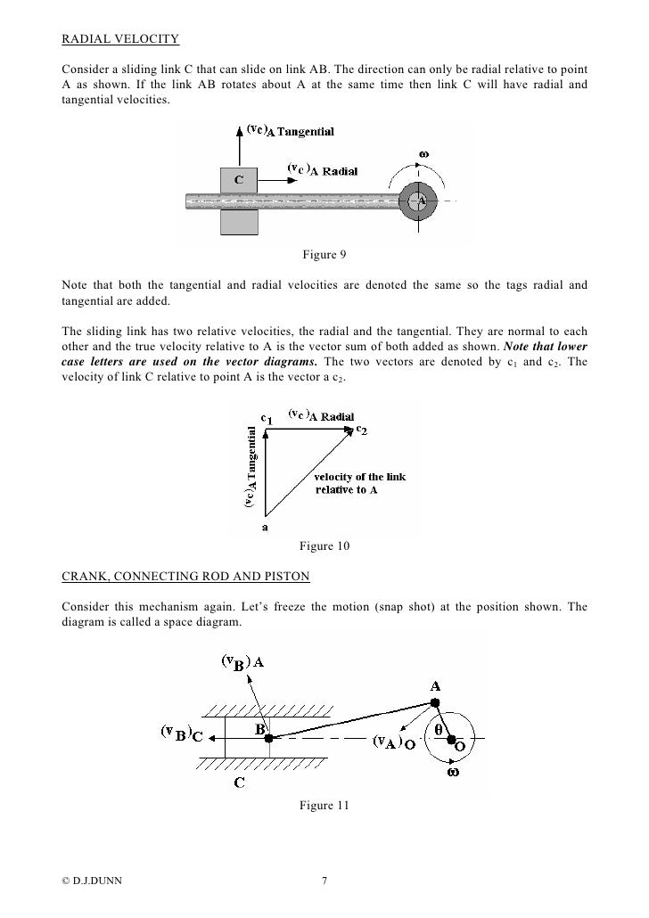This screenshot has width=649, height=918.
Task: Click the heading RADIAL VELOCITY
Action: pos(119,40)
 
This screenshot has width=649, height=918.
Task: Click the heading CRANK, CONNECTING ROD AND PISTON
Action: pos(185,577)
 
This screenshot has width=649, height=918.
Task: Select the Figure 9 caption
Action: pos(324,256)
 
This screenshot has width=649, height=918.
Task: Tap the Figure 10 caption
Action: pos(324,545)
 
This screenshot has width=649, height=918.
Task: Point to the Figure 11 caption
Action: pos(324,806)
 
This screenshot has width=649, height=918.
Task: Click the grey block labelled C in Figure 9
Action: pos(238,180)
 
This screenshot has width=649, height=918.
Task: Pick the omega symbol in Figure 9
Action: pos(424,153)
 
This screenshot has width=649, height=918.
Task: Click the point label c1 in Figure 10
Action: pos(267,416)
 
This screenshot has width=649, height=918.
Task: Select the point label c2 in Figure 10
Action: pos(362,430)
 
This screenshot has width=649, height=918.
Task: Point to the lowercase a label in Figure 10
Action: pos(265,527)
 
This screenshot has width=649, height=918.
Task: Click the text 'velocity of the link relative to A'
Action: pos(359,483)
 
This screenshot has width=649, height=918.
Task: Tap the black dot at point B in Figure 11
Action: pos(268,738)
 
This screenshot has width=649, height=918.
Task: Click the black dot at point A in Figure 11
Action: pos(435,703)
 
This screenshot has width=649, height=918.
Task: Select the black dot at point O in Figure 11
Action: pos(450,739)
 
